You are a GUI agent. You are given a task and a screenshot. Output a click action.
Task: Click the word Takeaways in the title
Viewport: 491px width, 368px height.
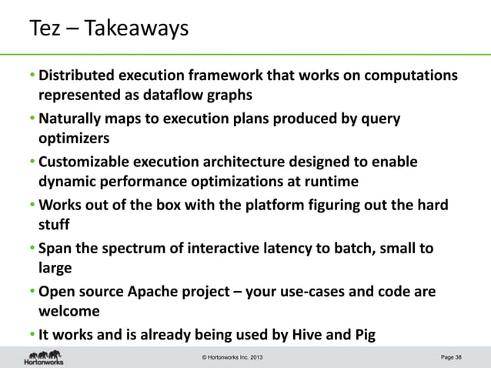click(x=136, y=29)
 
